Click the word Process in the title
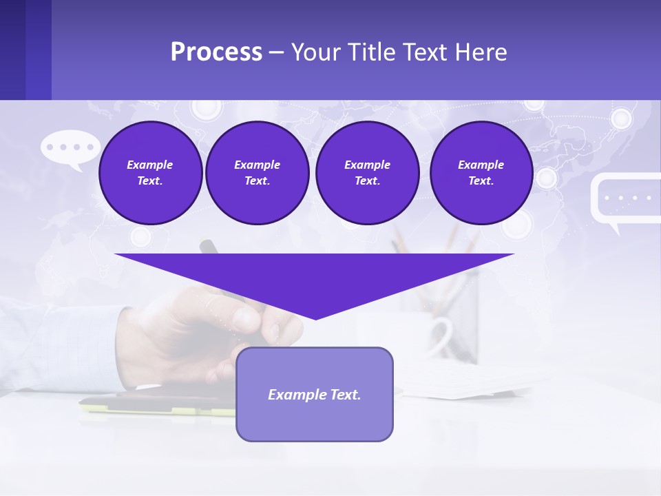tap(216, 52)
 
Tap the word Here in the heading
tap(482, 52)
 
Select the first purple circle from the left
tap(150, 173)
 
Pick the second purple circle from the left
tap(257, 173)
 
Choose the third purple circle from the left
tap(367, 173)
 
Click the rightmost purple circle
tap(481, 173)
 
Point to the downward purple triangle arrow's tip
tap(315, 317)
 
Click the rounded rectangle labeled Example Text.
tap(315, 394)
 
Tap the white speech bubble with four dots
tap(70, 148)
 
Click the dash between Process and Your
tap(276, 52)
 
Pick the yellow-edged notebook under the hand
tap(158, 407)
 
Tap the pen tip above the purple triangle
tap(204, 244)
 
